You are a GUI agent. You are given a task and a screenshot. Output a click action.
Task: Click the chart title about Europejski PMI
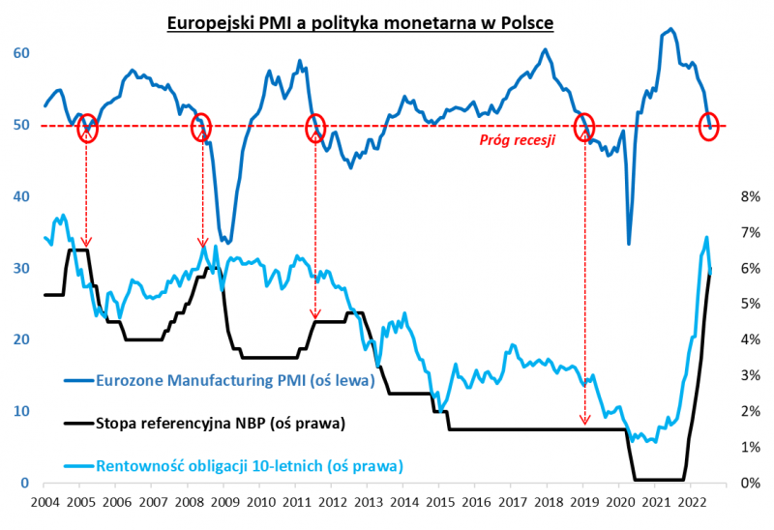387,21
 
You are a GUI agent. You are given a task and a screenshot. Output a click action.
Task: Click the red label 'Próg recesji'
518,140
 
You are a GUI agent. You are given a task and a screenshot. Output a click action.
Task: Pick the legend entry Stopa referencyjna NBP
220,423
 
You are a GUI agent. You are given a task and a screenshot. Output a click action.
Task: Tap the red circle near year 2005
87,127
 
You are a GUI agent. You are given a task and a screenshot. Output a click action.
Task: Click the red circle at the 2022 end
708,127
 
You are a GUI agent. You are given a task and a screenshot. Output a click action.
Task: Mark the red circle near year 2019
584,127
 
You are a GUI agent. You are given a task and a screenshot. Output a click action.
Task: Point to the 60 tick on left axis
21,54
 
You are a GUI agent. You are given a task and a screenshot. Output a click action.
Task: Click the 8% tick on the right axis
752,197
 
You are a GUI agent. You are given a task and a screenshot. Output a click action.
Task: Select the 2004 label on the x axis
45,503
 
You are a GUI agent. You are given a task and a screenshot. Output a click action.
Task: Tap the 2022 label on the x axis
691,503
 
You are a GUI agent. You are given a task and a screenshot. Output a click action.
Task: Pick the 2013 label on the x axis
368,503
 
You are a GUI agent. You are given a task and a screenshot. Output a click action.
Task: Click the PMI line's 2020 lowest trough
629,244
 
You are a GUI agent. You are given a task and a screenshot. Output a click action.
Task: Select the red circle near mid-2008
201,127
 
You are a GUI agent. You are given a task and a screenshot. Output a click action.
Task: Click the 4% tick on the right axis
752,340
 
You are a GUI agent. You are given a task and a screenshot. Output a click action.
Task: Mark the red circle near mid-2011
315,127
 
